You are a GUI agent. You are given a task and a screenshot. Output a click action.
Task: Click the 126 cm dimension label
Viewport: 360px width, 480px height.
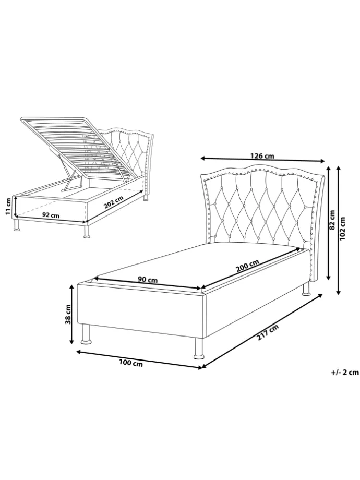pos(262,156)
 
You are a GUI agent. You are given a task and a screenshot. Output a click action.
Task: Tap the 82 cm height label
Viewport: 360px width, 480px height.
pos(332,219)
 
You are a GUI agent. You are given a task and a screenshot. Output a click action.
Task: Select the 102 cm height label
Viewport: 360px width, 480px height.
pos(342,229)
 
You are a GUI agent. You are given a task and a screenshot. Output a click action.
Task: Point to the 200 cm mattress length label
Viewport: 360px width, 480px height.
pos(247,266)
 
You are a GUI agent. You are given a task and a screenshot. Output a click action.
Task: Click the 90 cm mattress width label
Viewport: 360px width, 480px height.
pos(148,280)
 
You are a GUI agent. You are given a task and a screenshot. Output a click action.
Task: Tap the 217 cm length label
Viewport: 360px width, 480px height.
pos(268,332)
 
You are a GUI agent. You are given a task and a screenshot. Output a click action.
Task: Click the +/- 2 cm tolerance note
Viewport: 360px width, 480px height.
pos(345,372)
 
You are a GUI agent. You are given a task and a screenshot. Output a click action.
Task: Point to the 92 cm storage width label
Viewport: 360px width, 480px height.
pos(51,215)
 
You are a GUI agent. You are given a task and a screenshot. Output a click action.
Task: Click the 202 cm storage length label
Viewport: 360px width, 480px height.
pos(114,202)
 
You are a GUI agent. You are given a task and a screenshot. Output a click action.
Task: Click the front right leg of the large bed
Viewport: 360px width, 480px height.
pos(199,349)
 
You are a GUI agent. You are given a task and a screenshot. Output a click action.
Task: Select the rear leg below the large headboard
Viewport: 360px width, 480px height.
pos(306,289)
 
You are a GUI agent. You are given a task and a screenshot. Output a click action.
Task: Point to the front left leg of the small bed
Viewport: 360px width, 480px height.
pos(16,224)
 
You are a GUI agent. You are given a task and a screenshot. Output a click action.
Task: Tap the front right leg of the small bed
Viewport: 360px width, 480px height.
pos(87,232)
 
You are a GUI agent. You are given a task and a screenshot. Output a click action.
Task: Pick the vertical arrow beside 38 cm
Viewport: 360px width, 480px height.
pos(72,314)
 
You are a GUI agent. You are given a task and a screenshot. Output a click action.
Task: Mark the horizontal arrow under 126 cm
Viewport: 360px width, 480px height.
pos(262,160)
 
